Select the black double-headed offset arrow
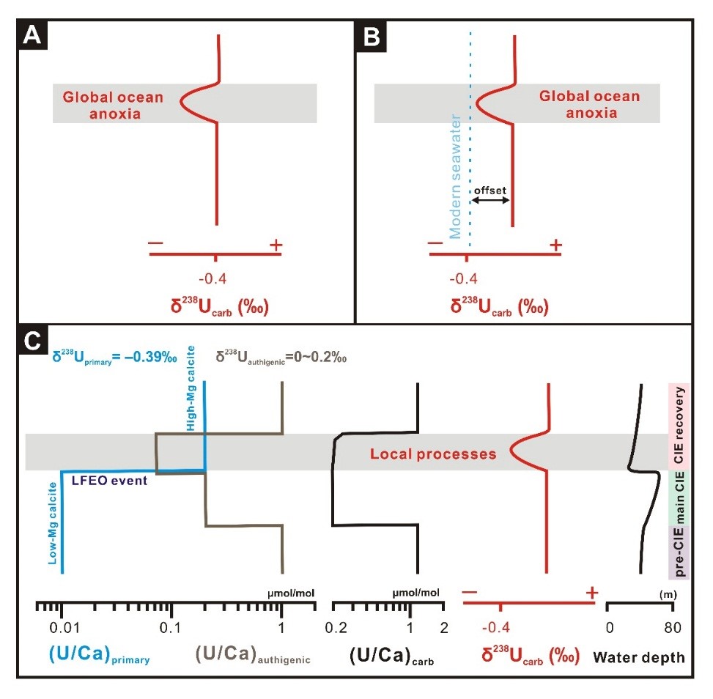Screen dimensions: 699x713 (490, 200)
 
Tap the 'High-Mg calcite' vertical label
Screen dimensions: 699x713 (192, 406)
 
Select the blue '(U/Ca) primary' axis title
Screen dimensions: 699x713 (99, 654)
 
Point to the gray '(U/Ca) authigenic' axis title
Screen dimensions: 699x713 (253, 654)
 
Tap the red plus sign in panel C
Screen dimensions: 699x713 (592, 591)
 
